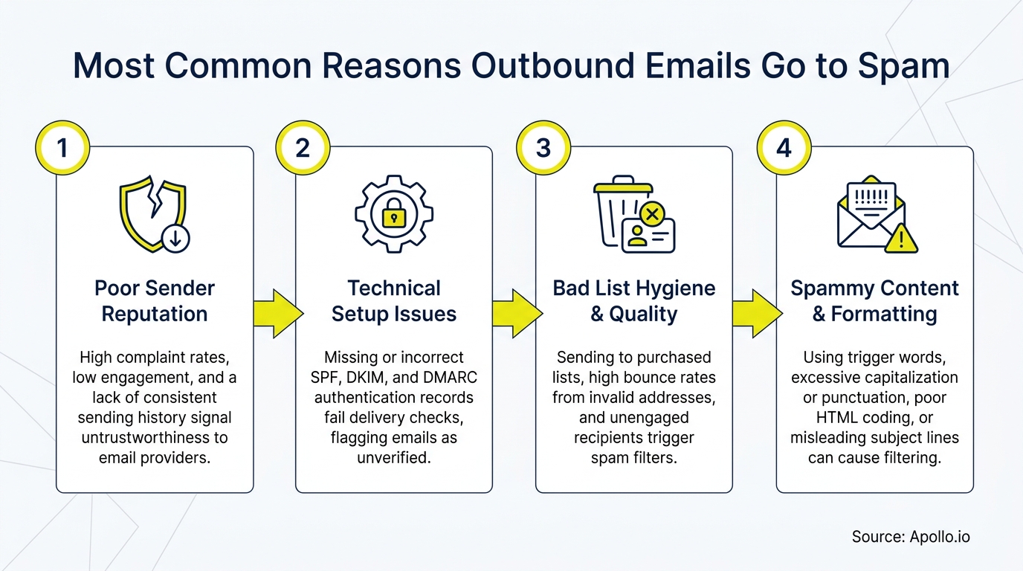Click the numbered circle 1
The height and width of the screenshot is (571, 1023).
click(x=62, y=147)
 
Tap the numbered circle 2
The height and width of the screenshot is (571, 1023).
click(x=303, y=147)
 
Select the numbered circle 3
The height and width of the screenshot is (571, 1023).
click(x=543, y=147)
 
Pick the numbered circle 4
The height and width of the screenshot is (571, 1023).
click(x=784, y=147)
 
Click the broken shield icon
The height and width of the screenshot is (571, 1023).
click(x=152, y=211)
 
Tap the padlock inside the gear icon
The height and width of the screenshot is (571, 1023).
click(x=393, y=216)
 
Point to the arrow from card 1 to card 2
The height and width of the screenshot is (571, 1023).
click(x=276, y=313)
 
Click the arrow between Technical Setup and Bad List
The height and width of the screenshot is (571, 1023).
click(x=515, y=313)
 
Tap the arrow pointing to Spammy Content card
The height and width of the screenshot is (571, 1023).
click(x=755, y=313)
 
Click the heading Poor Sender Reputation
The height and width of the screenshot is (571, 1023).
click(x=155, y=301)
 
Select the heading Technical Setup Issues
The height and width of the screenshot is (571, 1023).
click(x=394, y=301)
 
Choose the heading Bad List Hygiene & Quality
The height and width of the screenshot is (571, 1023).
click(x=634, y=301)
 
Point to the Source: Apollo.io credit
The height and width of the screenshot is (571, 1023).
click(x=911, y=537)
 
